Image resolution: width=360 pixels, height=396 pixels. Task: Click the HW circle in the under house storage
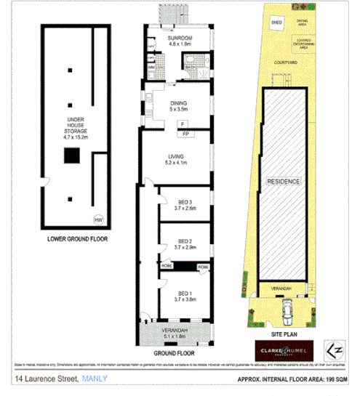tap(97, 220)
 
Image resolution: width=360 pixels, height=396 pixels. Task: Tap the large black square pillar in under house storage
tap(71, 155)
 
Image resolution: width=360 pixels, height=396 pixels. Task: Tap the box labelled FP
tap(185, 134)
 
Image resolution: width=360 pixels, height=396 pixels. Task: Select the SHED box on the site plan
tap(276, 23)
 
